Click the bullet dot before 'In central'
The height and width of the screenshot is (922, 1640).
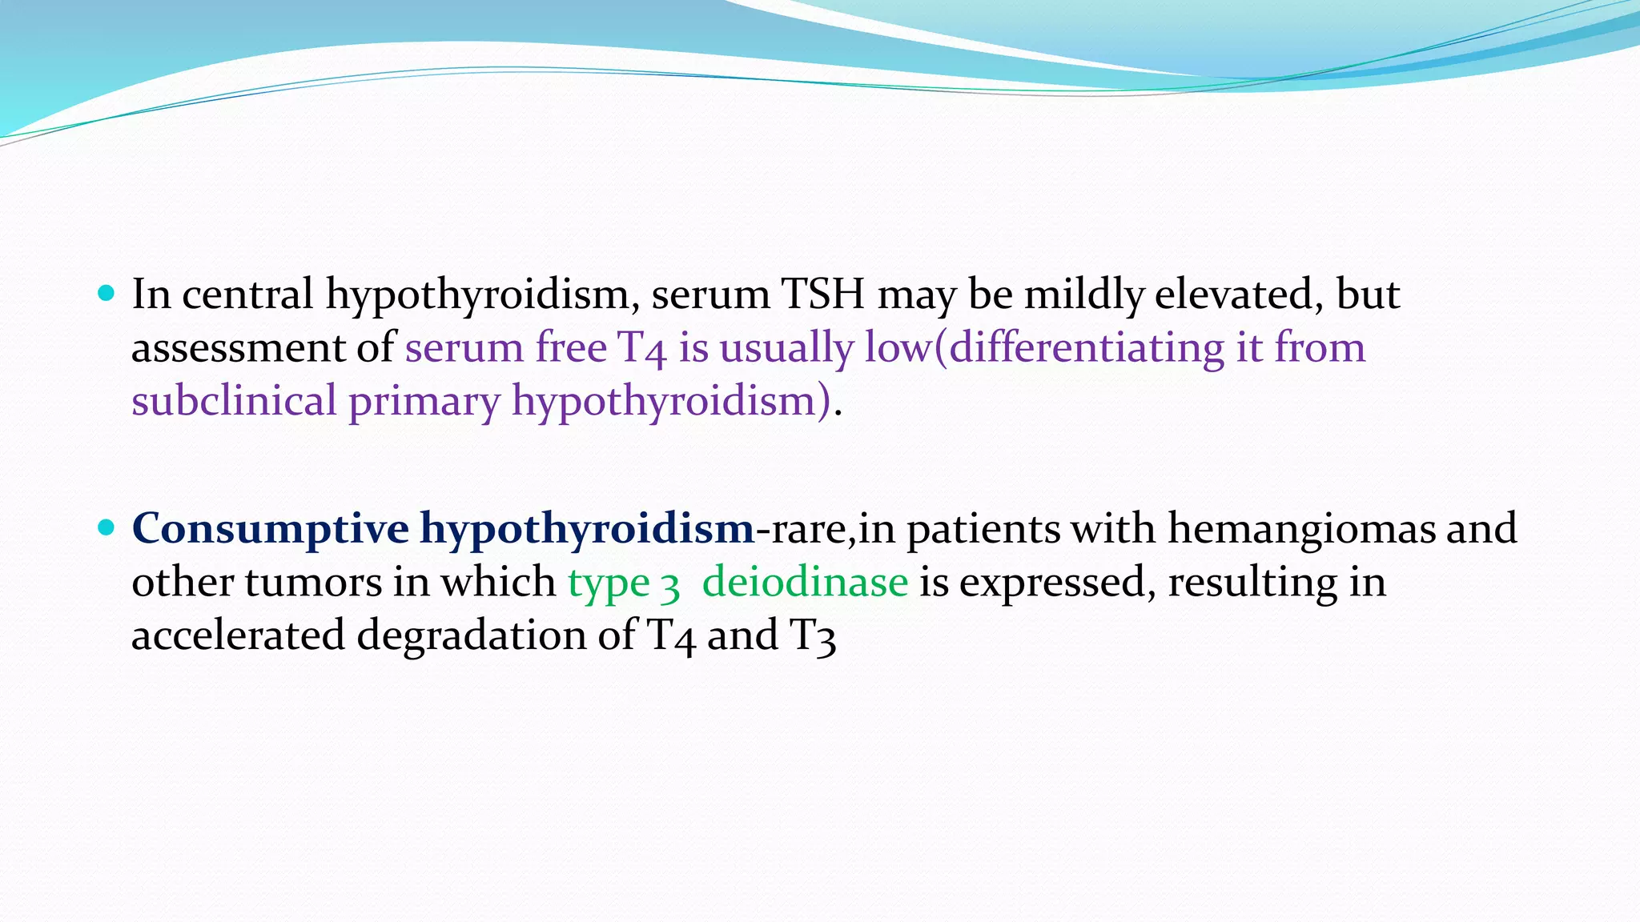pos(106,293)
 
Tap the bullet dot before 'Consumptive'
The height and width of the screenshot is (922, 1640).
pos(106,527)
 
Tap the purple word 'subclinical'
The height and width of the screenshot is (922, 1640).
pos(234,400)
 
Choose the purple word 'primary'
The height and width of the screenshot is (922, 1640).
pos(424,402)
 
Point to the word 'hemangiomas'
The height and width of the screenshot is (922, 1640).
pos(1301,529)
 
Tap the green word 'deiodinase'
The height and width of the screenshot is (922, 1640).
pos(805,582)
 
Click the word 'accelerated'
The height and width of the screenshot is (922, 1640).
pos(238,635)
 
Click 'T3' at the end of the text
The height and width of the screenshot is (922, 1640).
pos(813,636)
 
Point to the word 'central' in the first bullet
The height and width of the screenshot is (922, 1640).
pos(247,295)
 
